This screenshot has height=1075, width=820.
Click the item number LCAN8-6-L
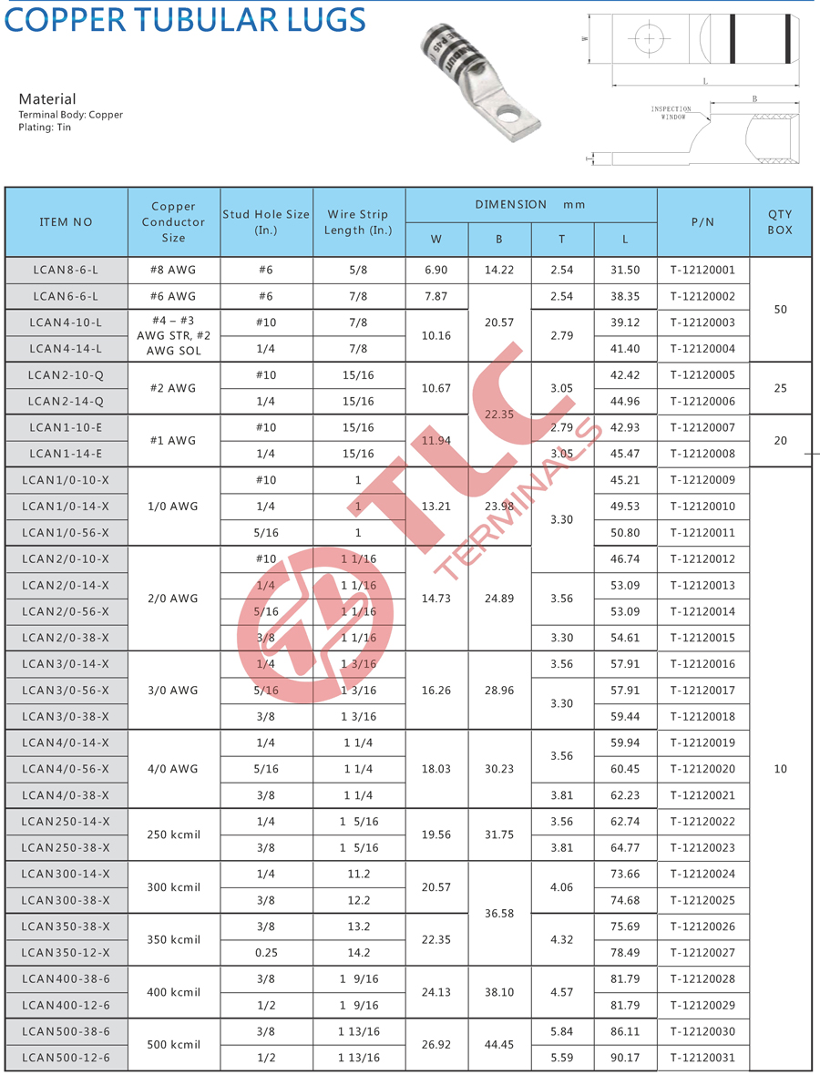click(66, 270)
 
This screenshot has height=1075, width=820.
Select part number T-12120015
click(702, 638)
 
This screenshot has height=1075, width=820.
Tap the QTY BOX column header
click(780, 222)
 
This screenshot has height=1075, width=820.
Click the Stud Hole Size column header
click(266, 222)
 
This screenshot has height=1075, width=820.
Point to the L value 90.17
click(625, 1058)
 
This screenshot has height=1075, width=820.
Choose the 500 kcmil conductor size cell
click(173, 1044)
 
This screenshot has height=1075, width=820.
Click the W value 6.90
click(436, 270)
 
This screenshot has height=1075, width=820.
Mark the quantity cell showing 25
click(780, 388)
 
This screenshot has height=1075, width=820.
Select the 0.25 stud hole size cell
click(266, 953)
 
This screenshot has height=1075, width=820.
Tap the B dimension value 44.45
click(499, 1044)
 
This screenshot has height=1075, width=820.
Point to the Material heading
click(47, 98)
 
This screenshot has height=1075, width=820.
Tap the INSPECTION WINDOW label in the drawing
click(671, 113)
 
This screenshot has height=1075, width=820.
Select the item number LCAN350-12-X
click(66, 953)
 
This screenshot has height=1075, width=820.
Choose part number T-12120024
click(702, 874)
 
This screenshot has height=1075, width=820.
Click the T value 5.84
click(561, 1031)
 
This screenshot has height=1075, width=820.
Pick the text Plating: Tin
click(45, 128)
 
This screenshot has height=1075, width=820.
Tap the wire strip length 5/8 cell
click(358, 270)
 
